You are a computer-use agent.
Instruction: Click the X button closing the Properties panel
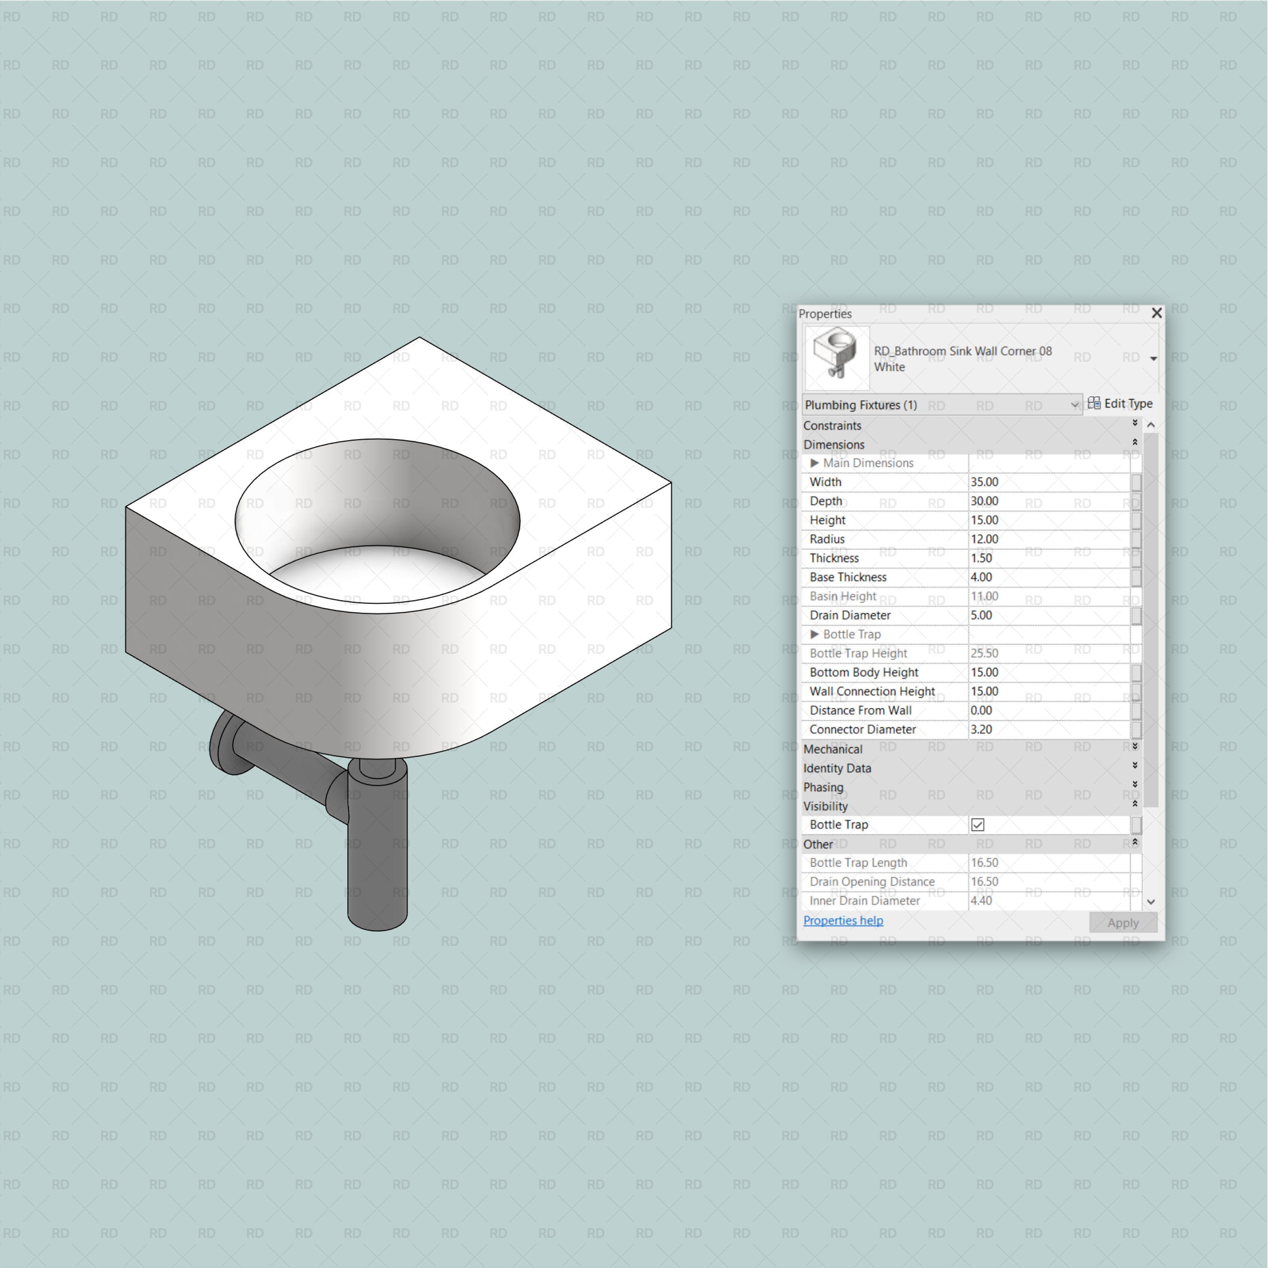(1156, 313)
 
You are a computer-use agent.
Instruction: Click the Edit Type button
(1120, 404)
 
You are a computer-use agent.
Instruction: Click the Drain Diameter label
(850, 615)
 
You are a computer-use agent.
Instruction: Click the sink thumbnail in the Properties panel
(837, 358)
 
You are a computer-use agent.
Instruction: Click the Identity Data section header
(837, 768)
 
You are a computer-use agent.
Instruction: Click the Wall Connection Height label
(872, 691)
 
